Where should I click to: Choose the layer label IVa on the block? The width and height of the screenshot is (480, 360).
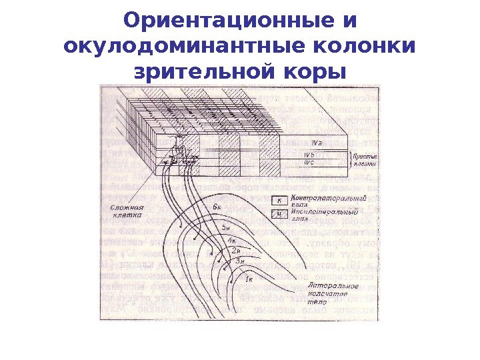pyautogui.click(x=317, y=142)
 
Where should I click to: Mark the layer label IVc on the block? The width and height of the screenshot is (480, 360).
pyautogui.click(x=310, y=162)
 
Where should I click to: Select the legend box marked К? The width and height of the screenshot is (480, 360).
pyautogui.click(x=281, y=200)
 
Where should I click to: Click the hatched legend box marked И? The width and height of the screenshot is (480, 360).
pyautogui.click(x=281, y=213)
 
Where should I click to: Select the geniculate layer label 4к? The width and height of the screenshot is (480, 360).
pyautogui.click(x=232, y=240)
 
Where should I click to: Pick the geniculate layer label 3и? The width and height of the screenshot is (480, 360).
pyautogui.click(x=241, y=261)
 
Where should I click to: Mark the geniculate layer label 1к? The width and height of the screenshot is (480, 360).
pyautogui.click(x=249, y=278)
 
